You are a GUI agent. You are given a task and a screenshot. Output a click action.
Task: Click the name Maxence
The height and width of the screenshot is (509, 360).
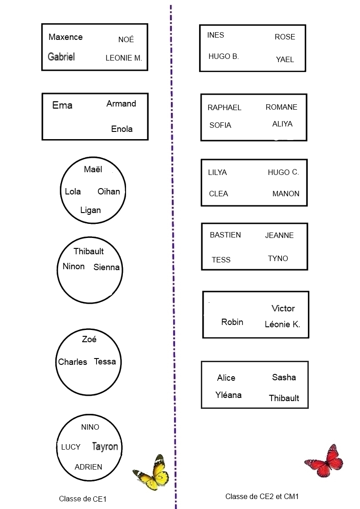tap(65, 37)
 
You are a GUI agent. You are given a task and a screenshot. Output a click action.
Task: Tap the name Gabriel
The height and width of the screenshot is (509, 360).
tap(61, 57)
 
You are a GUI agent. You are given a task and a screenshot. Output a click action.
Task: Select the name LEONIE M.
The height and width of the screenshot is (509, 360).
tap(124, 58)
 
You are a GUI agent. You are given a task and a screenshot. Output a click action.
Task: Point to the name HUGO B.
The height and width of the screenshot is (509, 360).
tap(224, 57)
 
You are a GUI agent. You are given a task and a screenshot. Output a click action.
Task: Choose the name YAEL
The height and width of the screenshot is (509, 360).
tap(285, 59)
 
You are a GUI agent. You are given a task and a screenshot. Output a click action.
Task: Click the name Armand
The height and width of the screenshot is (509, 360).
tap(121, 104)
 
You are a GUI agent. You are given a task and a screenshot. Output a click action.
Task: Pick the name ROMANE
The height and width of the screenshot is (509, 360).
tap(281, 107)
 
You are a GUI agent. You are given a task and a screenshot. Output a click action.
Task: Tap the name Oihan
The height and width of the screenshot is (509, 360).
tap(109, 191)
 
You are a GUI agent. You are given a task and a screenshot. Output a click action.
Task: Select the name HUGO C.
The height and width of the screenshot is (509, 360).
tap(283, 172)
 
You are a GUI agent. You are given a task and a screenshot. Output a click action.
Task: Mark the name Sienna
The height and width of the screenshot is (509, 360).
tap(107, 267)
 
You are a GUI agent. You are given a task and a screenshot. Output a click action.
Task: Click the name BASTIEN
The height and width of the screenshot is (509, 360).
tap(225, 235)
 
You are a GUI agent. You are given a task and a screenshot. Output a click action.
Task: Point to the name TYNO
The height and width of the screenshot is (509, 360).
tap(278, 258)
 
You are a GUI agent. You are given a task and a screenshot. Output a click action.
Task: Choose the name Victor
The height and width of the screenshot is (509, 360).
tap(283, 309)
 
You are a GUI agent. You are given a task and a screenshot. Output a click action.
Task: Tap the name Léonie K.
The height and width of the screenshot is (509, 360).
tap(282, 325)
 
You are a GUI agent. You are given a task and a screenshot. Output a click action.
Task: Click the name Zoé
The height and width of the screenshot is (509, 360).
tap(89, 339)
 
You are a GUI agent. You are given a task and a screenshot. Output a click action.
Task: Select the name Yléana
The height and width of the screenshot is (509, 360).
tap(229, 395)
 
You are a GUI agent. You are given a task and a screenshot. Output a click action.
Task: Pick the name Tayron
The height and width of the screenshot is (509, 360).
tap(105, 446)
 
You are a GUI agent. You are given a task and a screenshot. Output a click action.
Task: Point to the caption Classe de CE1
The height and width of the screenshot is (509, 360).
tap(83, 499)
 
